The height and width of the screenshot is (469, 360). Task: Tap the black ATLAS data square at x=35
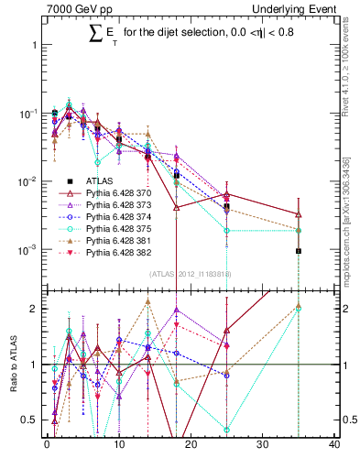(x=299, y=250)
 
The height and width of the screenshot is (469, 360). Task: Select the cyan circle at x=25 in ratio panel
(x=226, y=429)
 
